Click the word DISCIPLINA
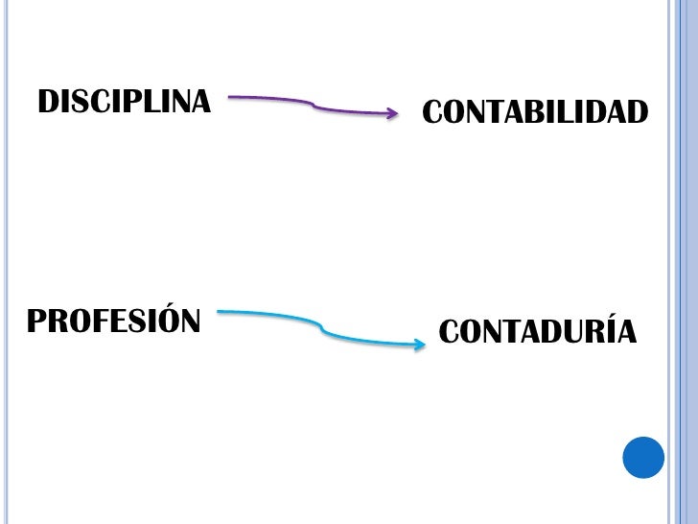click(124, 101)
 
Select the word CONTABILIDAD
click(535, 112)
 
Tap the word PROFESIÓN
click(113, 321)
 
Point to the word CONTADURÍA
click(537, 332)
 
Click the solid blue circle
click(643, 457)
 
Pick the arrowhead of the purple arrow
click(392, 113)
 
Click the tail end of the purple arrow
click(231, 97)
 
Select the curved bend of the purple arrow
click(314, 105)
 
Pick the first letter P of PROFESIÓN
click(36, 321)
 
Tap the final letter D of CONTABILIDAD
click(637, 112)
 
